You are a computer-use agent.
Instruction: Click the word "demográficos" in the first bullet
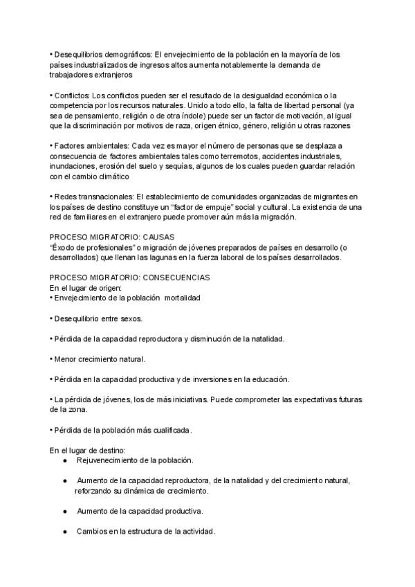pyautogui.click(x=127, y=54)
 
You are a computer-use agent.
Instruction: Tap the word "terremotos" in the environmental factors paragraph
pyautogui.click(x=225, y=156)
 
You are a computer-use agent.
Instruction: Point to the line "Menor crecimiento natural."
pyautogui.click(x=98, y=359)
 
